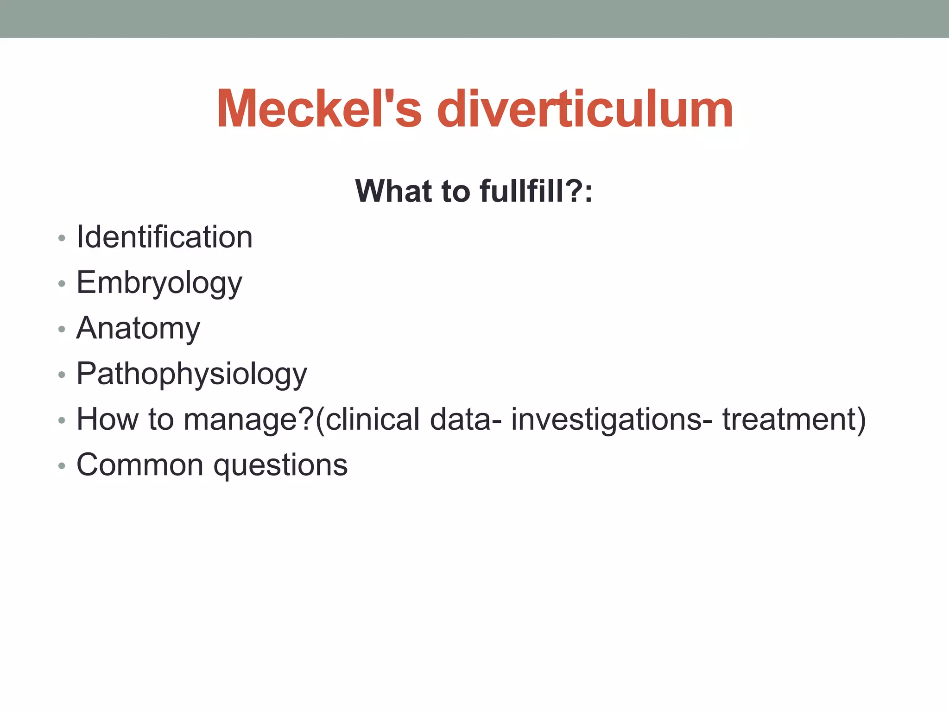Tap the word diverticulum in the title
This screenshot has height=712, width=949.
pyautogui.click(x=585, y=109)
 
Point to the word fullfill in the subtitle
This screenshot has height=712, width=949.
pyautogui.click(x=522, y=191)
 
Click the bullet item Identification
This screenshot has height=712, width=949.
pyautogui.click(x=164, y=237)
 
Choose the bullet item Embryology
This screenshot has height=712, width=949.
pyautogui.click(x=159, y=283)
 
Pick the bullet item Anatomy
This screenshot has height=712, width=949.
pyautogui.click(x=138, y=328)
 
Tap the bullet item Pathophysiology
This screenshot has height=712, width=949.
pyautogui.click(x=191, y=374)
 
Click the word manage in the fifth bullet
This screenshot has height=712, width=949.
pyautogui.click(x=241, y=420)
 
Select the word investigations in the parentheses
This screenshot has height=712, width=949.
pyautogui.click(x=606, y=420)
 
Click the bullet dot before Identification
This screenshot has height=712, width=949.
pyautogui.click(x=62, y=239)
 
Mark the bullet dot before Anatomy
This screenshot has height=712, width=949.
pyautogui.click(x=62, y=330)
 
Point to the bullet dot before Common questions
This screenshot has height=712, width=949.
pyautogui.click(x=62, y=466)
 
